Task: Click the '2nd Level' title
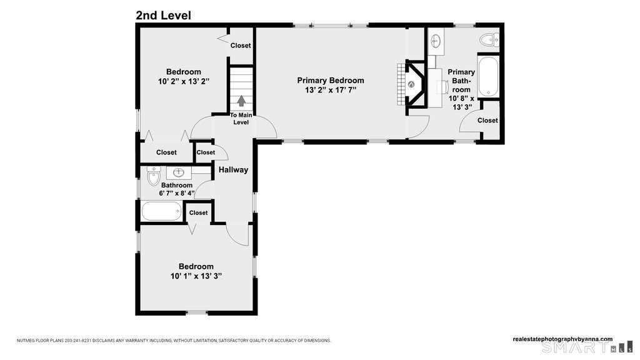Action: (x=163, y=16)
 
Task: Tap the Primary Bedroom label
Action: (x=331, y=81)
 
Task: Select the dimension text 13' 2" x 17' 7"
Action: (x=331, y=90)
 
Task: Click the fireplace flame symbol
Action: (x=411, y=84)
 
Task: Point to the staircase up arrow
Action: (x=241, y=101)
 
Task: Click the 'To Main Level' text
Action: (x=241, y=119)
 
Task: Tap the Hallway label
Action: (x=234, y=170)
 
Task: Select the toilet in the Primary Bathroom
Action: (x=489, y=40)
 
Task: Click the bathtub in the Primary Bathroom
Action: (x=488, y=76)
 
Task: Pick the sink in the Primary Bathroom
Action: (x=436, y=41)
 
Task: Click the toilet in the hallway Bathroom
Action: (x=154, y=176)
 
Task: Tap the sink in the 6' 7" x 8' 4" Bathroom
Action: (x=179, y=172)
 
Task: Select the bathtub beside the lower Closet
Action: (x=162, y=211)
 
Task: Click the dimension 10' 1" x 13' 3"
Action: (x=196, y=276)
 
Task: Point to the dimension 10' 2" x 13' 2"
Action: (x=184, y=82)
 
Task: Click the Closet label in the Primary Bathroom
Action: (x=487, y=121)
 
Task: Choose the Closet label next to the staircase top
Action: (x=241, y=46)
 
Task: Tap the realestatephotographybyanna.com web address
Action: (x=562, y=339)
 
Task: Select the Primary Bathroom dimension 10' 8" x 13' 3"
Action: (x=462, y=103)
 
